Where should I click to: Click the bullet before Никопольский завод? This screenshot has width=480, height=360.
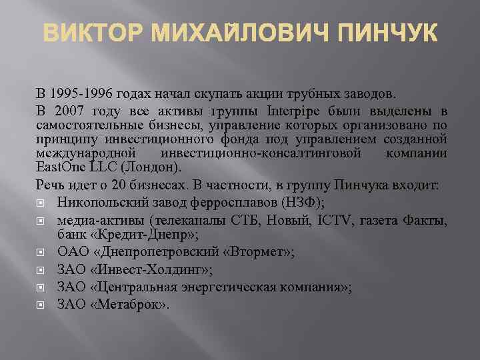click(x=42, y=204)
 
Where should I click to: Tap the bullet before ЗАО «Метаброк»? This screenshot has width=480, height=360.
click(x=42, y=305)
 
